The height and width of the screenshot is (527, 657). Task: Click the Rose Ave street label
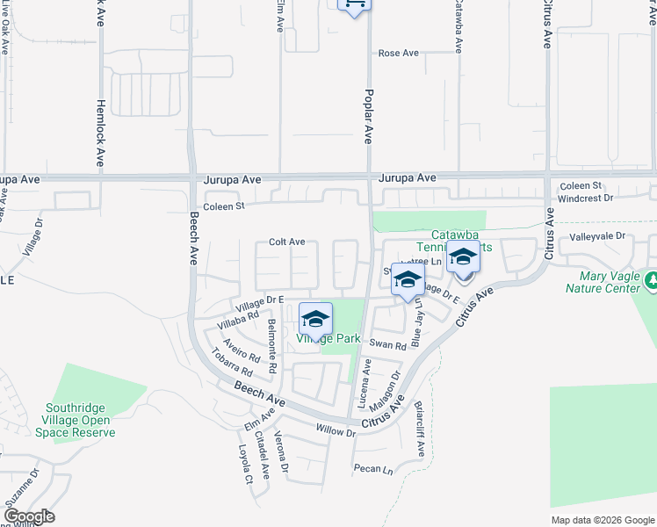pyautogui.click(x=399, y=54)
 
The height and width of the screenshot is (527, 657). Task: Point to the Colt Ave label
pyautogui.click(x=286, y=242)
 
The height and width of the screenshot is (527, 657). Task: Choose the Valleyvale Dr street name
pyautogui.click(x=596, y=236)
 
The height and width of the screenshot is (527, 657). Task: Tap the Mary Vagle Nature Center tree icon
pyautogui.click(x=651, y=280)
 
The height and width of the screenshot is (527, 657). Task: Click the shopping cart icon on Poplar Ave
pyautogui.click(x=354, y=4)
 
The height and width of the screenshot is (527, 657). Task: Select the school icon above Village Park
pyautogui.click(x=315, y=319)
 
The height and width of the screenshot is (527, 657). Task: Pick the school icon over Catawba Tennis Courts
pyautogui.click(x=463, y=257)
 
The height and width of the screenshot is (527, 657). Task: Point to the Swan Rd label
pyautogui.click(x=387, y=345)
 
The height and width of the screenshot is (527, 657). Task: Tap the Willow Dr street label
pyautogui.click(x=336, y=432)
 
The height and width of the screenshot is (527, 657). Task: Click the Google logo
pyautogui.click(x=28, y=516)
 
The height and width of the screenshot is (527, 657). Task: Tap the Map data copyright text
pyautogui.click(x=602, y=520)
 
